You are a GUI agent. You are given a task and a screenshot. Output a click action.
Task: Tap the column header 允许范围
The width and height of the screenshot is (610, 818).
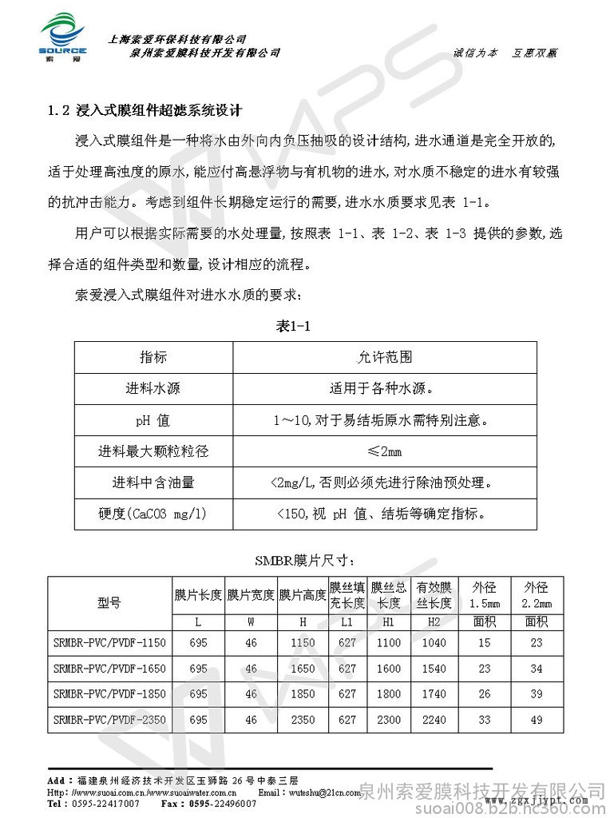[384, 356]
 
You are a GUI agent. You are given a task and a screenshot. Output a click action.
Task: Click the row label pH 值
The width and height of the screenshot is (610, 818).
[152, 419]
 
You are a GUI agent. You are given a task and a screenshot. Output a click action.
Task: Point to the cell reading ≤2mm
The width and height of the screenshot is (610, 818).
[384, 451]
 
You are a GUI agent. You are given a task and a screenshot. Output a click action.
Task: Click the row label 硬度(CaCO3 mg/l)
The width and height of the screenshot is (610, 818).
[152, 514]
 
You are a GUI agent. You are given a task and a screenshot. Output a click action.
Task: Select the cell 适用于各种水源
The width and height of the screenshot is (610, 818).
[384, 388]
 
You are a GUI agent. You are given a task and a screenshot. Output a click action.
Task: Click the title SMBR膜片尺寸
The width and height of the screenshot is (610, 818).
[303, 559]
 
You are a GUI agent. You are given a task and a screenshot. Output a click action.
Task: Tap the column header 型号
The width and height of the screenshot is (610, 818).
[109, 603]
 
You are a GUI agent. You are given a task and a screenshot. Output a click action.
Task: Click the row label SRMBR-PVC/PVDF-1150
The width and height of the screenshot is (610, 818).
[109, 642]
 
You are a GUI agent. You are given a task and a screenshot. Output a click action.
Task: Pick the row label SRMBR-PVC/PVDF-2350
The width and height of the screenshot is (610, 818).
[109, 720]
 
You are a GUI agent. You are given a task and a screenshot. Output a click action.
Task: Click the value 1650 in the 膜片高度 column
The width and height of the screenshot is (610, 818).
[303, 669]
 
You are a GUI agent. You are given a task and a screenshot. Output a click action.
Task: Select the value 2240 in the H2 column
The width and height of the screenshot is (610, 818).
[434, 720]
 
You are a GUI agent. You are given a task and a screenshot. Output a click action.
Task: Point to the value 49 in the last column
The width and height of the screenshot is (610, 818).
[536, 720]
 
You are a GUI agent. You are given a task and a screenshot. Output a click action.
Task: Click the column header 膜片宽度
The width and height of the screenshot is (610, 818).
[251, 595]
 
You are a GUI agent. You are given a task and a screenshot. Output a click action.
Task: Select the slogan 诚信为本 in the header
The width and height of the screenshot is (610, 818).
[475, 52]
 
